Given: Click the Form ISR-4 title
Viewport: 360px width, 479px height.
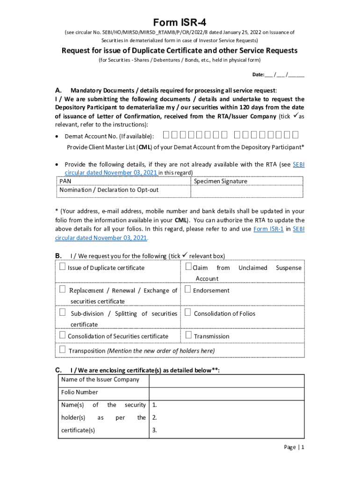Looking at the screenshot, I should (x=180, y=22).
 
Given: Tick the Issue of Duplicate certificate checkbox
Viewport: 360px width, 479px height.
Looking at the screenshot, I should (x=63, y=267).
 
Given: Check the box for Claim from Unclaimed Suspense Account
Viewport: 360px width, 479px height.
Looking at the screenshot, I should (x=188, y=267).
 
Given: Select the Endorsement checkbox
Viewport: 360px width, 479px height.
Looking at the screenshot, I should (x=188, y=290).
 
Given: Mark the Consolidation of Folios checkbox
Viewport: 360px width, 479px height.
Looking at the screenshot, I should (x=188, y=312).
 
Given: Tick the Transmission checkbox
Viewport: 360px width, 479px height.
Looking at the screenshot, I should (x=188, y=335).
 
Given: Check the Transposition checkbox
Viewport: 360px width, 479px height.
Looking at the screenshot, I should (x=63, y=350).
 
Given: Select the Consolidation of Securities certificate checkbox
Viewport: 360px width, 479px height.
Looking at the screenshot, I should (x=63, y=335).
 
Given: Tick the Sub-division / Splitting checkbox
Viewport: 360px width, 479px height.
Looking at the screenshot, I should (x=63, y=312).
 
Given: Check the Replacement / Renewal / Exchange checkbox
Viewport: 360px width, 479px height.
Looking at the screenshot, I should (x=63, y=290).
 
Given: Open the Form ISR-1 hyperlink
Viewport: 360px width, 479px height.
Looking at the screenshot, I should (x=268, y=229).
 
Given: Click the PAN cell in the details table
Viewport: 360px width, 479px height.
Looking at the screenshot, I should (x=65, y=181).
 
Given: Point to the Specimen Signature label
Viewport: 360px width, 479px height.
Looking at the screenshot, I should (x=220, y=181).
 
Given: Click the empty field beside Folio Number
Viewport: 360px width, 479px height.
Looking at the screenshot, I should (x=226, y=392).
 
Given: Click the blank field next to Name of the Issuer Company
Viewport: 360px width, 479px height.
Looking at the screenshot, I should (x=226, y=380).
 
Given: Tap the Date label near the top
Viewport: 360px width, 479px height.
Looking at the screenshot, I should (x=258, y=75).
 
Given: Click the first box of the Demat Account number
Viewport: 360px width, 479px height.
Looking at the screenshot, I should (x=167, y=136).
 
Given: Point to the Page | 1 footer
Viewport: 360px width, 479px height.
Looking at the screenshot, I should (x=294, y=447).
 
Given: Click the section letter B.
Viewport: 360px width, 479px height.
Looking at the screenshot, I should (x=58, y=256).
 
